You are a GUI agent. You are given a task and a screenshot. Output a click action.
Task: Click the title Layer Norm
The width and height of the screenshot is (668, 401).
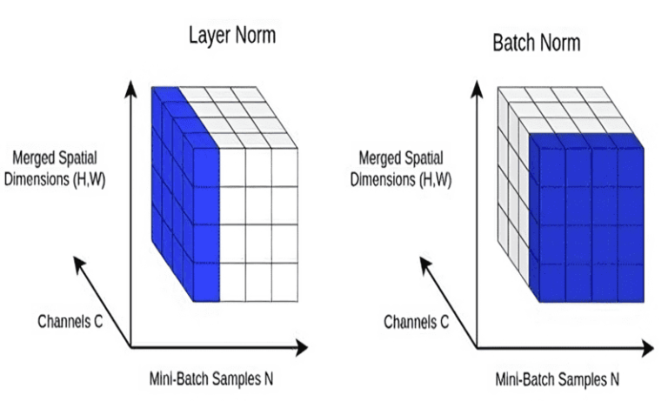[x=233, y=37]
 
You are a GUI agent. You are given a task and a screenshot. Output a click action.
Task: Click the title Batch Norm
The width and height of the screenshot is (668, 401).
[x=537, y=42]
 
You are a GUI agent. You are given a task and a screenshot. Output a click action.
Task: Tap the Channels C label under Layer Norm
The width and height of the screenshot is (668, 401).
[x=70, y=321]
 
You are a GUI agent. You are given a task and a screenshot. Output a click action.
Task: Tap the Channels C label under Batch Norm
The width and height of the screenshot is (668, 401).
[x=417, y=322]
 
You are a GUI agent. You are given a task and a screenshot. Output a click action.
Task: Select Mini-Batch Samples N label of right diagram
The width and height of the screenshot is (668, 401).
[x=558, y=379]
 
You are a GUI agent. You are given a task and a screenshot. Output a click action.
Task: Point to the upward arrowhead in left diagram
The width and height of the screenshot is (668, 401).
[x=130, y=85]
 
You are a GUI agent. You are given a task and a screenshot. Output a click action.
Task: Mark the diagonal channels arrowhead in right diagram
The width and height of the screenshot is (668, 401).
[x=424, y=261]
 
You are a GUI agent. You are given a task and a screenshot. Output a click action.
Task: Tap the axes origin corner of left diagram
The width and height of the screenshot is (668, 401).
[x=130, y=347]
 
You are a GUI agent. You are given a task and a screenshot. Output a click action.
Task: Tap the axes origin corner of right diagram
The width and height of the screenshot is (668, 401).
[x=477, y=347]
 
